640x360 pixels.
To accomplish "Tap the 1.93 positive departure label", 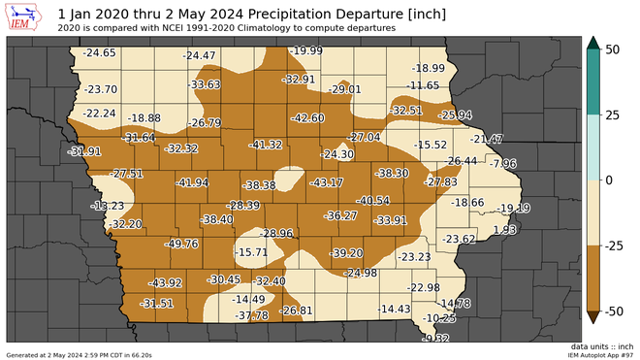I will click(x=504, y=230).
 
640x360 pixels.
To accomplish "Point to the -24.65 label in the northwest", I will click(x=99, y=52).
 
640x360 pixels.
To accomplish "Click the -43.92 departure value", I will click(x=165, y=283).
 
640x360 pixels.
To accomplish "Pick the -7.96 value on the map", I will click(x=504, y=163).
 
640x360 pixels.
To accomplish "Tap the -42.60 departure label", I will click(x=307, y=117).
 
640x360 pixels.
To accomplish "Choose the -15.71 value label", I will click(x=250, y=252).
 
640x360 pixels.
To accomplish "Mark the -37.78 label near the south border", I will click(x=251, y=315).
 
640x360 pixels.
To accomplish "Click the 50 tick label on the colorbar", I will click(x=612, y=49).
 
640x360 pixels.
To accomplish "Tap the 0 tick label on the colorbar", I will click(x=608, y=180).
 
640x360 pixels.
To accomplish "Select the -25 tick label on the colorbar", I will click(x=615, y=246).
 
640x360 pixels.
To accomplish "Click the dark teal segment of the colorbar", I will click(x=592, y=82).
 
